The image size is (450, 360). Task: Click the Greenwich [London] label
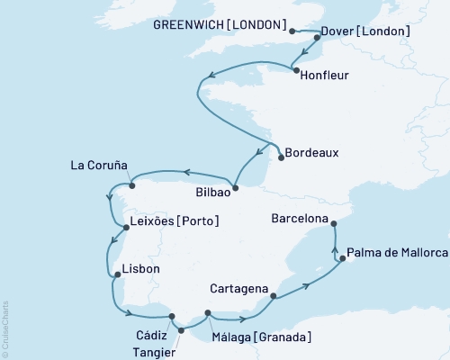[229, 24]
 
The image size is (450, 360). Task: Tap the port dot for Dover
[317, 39]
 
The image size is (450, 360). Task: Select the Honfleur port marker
[294, 68]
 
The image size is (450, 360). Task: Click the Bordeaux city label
[315, 153]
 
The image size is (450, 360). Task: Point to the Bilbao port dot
[235, 188]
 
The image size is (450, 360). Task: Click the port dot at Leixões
[126, 227]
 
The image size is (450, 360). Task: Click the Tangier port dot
[180, 329]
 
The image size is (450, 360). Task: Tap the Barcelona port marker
[333, 223]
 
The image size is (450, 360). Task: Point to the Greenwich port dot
[292, 31]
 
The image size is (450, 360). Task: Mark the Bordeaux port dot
[282, 157]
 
